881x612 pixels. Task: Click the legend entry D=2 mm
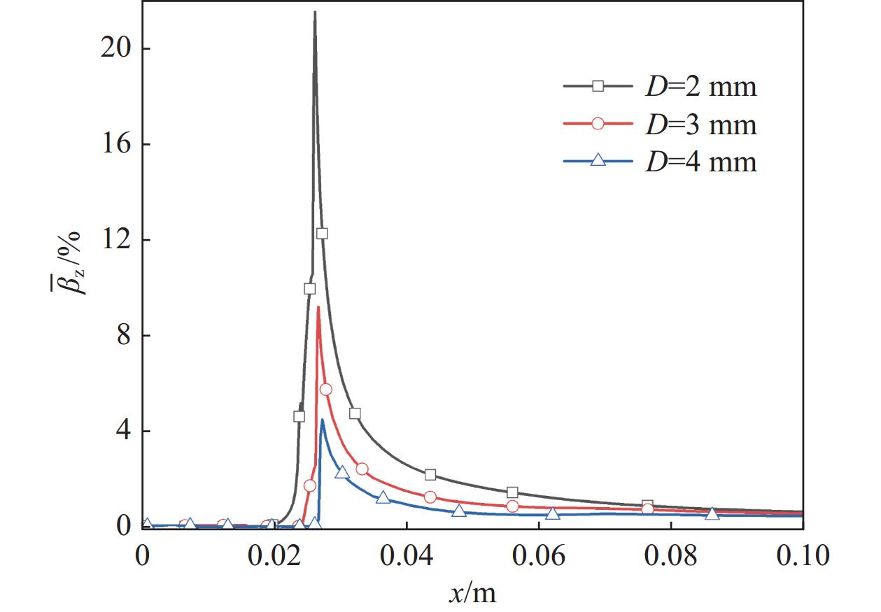click(x=699, y=87)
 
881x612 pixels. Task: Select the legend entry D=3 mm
click(x=699, y=124)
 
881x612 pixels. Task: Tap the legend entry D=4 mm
click(x=699, y=162)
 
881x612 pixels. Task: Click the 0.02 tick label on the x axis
click(x=274, y=556)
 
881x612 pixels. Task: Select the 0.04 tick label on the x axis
click(x=406, y=556)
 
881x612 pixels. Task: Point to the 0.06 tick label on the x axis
click(x=538, y=556)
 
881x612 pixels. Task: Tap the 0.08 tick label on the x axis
click(x=670, y=556)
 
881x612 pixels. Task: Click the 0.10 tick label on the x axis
click(x=802, y=556)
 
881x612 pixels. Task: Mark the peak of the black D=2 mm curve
click(x=315, y=12)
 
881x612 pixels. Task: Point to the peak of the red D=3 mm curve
click(x=318, y=307)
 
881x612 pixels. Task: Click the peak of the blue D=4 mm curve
click(x=322, y=420)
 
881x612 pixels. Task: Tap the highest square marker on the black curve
click(x=321, y=234)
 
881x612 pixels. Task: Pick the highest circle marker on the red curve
click(x=325, y=390)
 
